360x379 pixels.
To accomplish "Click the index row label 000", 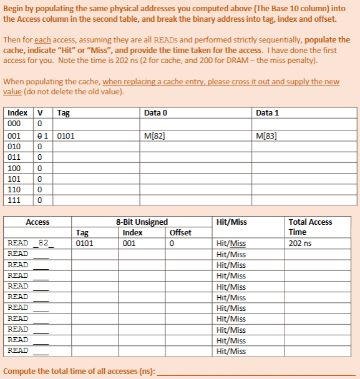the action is [x=14, y=124].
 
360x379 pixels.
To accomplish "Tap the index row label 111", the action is [x=14, y=200].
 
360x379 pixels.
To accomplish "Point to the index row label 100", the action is [x=14, y=168].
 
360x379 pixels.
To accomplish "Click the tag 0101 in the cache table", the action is [x=65, y=135].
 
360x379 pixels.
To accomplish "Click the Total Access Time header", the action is [x=310, y=227].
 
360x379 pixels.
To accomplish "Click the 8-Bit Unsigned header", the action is [x=142, y=222].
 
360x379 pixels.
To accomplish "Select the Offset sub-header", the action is [x=180, y=232].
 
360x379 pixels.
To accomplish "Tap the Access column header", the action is [x=37, y=222].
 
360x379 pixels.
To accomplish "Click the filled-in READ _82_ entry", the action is [x=30, y=243].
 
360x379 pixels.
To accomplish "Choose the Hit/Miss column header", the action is [x=231, y=222].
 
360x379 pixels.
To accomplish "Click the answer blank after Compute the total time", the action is [x=256, y=370].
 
